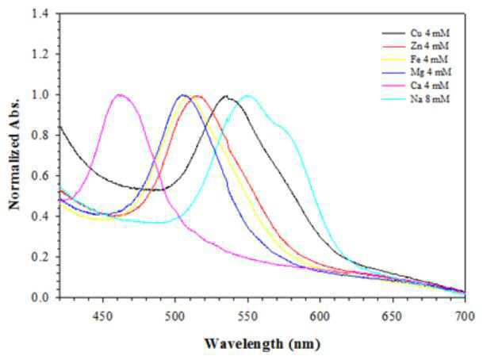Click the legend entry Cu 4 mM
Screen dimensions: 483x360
[416, 33]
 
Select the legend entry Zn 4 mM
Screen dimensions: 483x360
[416, 46]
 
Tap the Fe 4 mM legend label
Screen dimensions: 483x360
[416, 59]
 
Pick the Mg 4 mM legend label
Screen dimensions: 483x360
[416, 72]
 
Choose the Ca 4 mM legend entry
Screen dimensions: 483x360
[416, 85]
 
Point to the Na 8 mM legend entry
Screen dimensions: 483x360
[416, 99]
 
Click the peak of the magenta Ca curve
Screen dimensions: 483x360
[120, 94]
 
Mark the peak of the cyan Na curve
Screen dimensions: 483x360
[247, 96]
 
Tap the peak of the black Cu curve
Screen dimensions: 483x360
[226, 96]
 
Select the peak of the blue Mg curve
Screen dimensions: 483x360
[183, 95]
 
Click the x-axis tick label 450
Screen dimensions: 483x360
[102, 316]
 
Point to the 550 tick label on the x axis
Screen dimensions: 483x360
[247, 316]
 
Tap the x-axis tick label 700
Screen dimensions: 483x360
[465, 316]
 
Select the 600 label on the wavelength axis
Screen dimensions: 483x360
[320, 316]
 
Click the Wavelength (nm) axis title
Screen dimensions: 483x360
[263, 343]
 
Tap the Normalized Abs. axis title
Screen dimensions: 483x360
[14, 155]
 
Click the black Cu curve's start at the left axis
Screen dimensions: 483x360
[59, 126]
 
